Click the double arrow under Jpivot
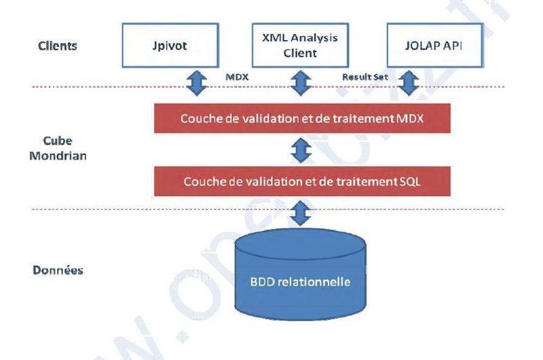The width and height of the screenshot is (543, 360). (x=195, y=83)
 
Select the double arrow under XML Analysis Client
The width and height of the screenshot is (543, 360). (x=300, y=83)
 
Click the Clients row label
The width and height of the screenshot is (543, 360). (x=58, y=47)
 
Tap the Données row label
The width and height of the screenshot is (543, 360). (x=58, y=270)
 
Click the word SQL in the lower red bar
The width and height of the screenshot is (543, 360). (x=405, y=182)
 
